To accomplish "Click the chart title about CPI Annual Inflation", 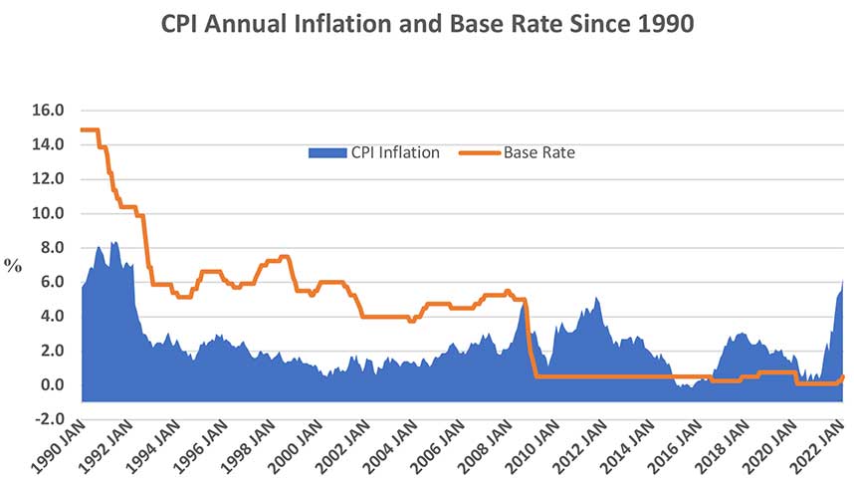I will click(x=427, y=25).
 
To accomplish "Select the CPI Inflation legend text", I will click(x=393, y=152).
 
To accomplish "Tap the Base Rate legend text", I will click(x=538, y=152).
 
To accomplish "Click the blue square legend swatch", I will click(x=325, y=152).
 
